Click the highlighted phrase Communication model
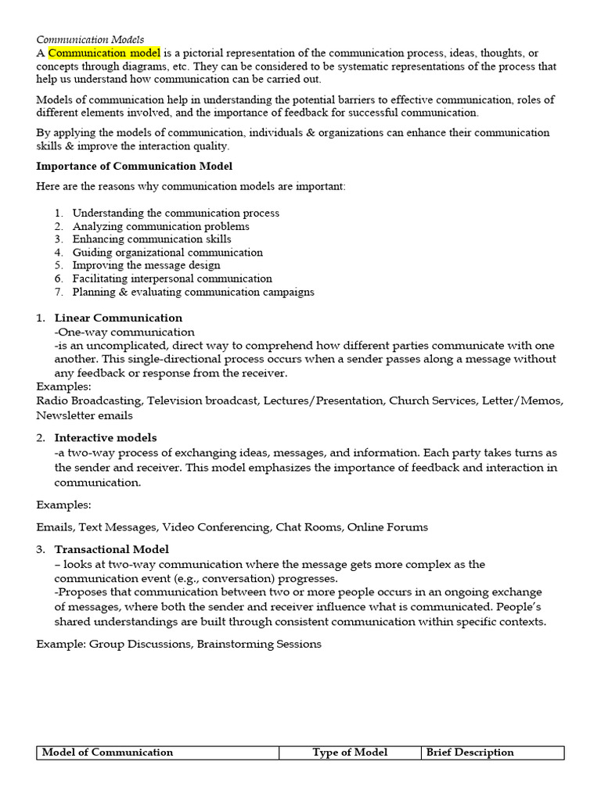(105, 53)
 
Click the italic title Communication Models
(90, 39)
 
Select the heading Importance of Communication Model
(135, 166)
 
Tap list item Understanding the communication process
(175, 213)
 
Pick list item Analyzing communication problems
(160, 226)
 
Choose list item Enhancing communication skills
(152, 239)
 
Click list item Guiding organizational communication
(167, 253)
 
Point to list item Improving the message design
(146, 265)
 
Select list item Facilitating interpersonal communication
(172, 278)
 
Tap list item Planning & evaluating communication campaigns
(193, 292)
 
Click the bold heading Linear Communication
(118, 318)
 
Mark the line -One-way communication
(124, 332)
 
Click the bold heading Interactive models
(106, 437)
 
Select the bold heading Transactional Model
(112, 549)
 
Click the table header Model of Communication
(107, 753)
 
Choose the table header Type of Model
(350, 753)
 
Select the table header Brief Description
(470, 753)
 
